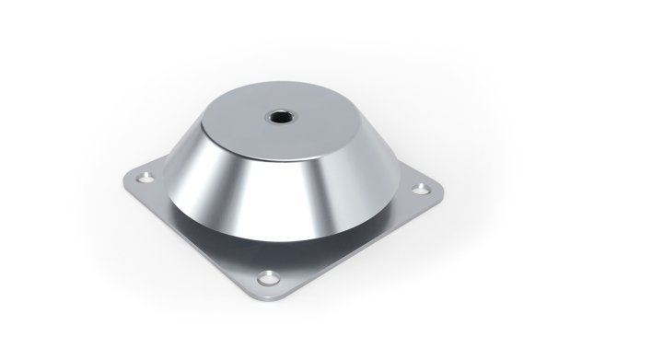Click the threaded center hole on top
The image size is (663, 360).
click(277, 117)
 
